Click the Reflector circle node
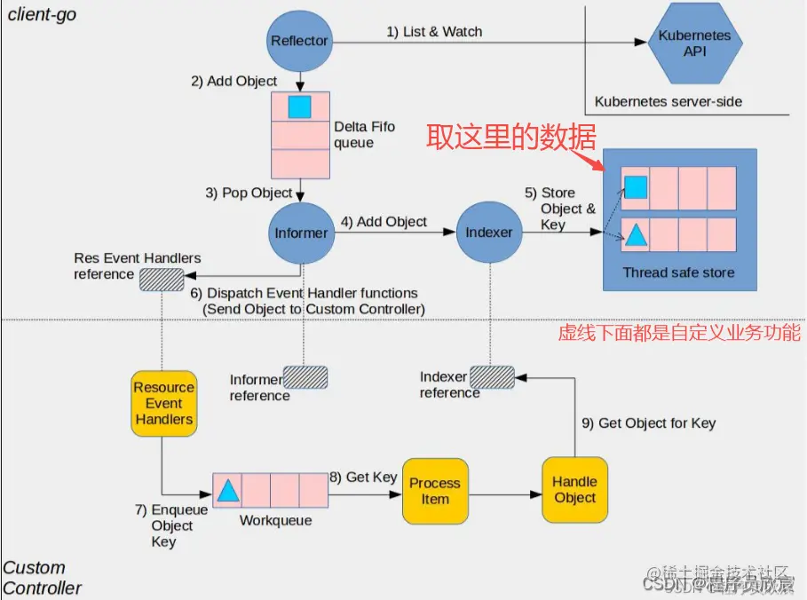coord(299,41)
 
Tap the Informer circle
coord(300,233)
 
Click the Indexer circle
coord(489,233)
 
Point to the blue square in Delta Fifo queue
coord(300,107)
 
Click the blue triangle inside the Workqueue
coord(227,490)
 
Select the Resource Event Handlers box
coord(163,403)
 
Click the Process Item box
coord(435,491)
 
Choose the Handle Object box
coord(574,489)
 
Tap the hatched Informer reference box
coord(305,378)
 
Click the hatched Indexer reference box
coord(492,377)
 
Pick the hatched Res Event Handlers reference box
coord(161,276)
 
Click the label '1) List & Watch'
coord(434,32)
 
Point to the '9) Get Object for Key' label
coord(648,423)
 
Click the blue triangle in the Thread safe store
coord(635,235)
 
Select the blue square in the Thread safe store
coord(635,186)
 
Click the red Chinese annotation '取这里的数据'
coord(511,137)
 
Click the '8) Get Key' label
coord(363,478)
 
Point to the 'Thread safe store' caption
coord(678,272)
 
